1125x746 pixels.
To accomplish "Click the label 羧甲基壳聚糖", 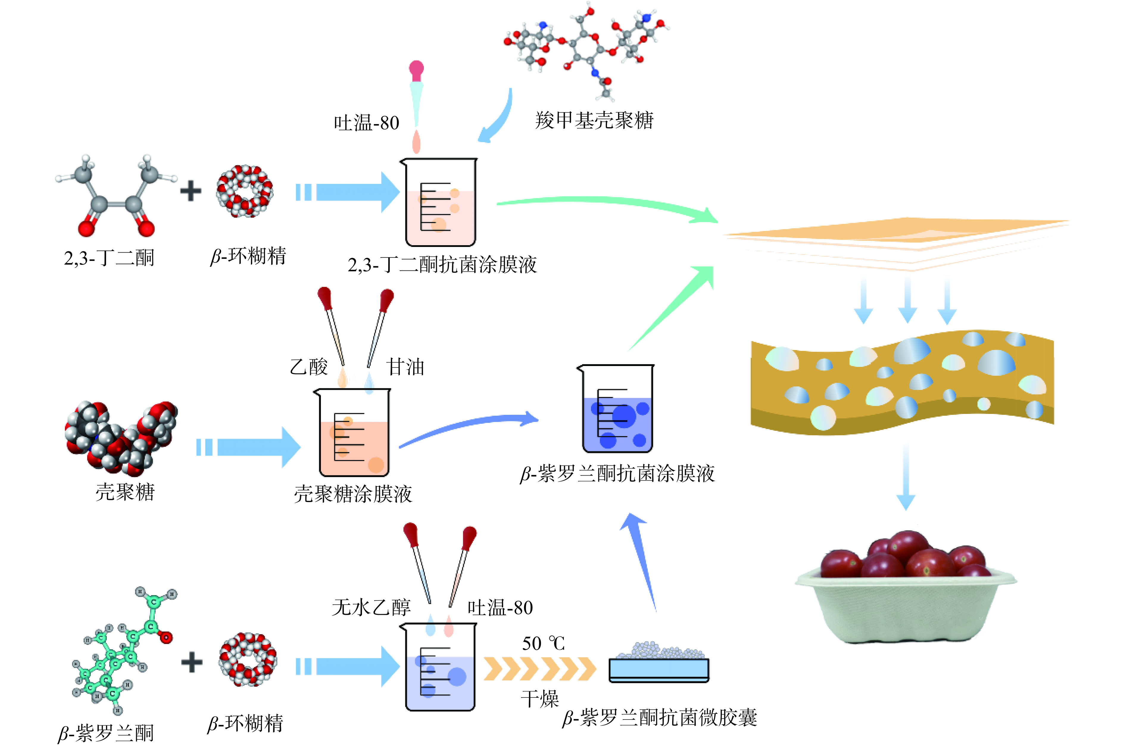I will tap(594, 121).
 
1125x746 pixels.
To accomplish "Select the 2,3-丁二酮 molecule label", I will tap(109, 258).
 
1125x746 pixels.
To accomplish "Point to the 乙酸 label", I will tap(309, 367).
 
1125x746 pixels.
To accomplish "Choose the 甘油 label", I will tap(405, 367).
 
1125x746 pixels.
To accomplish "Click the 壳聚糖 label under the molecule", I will tap(125, 492).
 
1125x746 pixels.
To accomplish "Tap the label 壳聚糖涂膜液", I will tap(353, 494).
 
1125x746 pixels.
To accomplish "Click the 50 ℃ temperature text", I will tap(543, 644).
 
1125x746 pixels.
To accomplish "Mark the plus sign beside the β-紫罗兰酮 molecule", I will tap(192, 662).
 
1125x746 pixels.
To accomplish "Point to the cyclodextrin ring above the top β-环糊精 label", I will tap(245, 191).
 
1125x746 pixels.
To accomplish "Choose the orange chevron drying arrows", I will tap(540, 668).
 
